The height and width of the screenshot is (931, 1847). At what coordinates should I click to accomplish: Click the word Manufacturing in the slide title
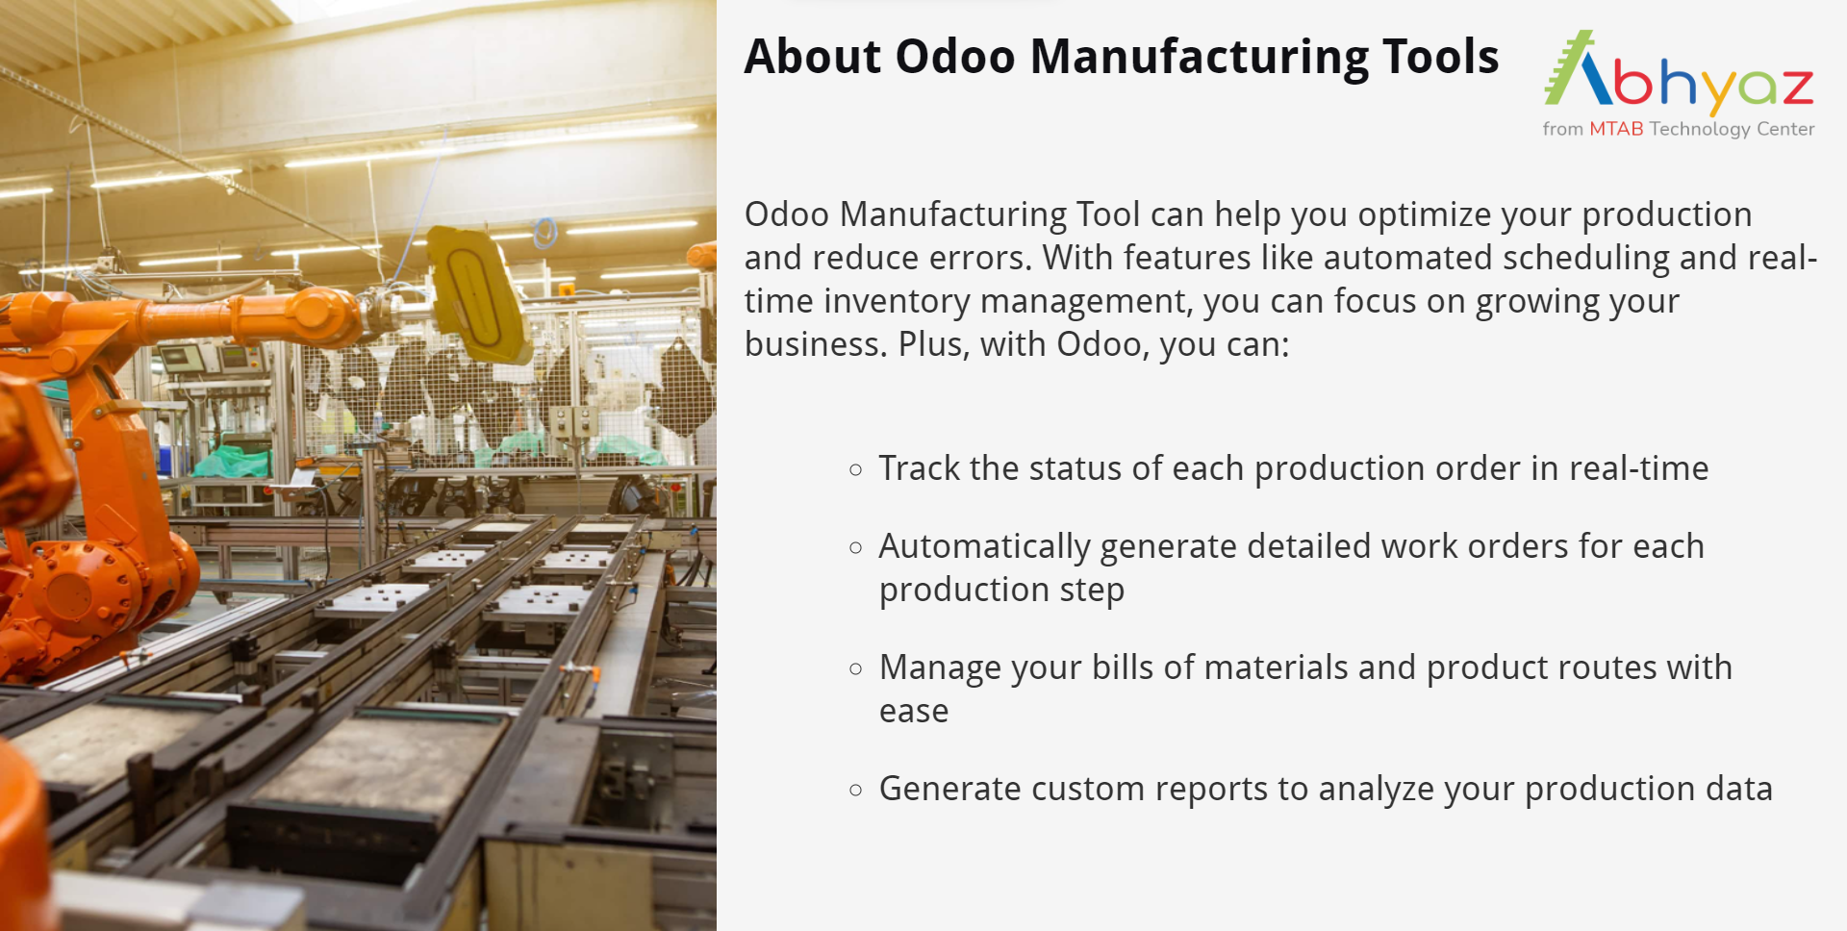[x=1199, y=57]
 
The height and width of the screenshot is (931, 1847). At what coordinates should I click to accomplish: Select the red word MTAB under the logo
[x=1616, y=129]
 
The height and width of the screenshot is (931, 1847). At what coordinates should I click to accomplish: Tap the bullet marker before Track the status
[x=856, y=470]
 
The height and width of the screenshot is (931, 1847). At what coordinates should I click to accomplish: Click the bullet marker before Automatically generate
[x=856, y=548]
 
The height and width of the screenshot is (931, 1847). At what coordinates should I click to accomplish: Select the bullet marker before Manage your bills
[x=856, y=669]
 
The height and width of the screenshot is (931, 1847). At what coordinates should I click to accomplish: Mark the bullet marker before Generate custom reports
[x=856, y=791]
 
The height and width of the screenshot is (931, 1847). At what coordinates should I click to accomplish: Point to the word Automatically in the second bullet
[x=984, y=547]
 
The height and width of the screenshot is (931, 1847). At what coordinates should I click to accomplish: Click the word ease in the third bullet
[x=914, y=712]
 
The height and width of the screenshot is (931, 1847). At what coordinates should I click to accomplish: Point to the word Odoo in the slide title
[x=955, y=57]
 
